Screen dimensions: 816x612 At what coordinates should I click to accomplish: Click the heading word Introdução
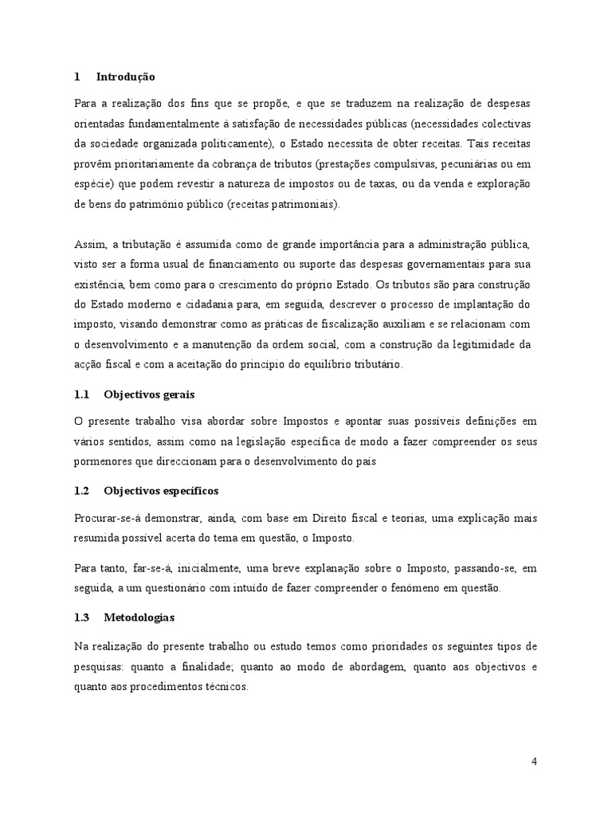[125, 77]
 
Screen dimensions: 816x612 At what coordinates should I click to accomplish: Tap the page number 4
[534, 761]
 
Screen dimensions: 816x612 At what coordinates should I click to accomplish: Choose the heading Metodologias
[139, 618]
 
